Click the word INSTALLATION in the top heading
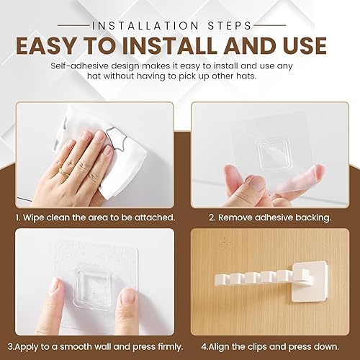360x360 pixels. [145, 26]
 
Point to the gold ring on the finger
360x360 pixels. [63, 171]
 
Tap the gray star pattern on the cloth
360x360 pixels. [116, 138]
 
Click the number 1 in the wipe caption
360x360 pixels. [18, 217]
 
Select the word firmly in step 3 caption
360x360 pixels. [170, 346]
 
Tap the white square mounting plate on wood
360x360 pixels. [310, 282]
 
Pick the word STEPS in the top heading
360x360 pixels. [230, 26]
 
